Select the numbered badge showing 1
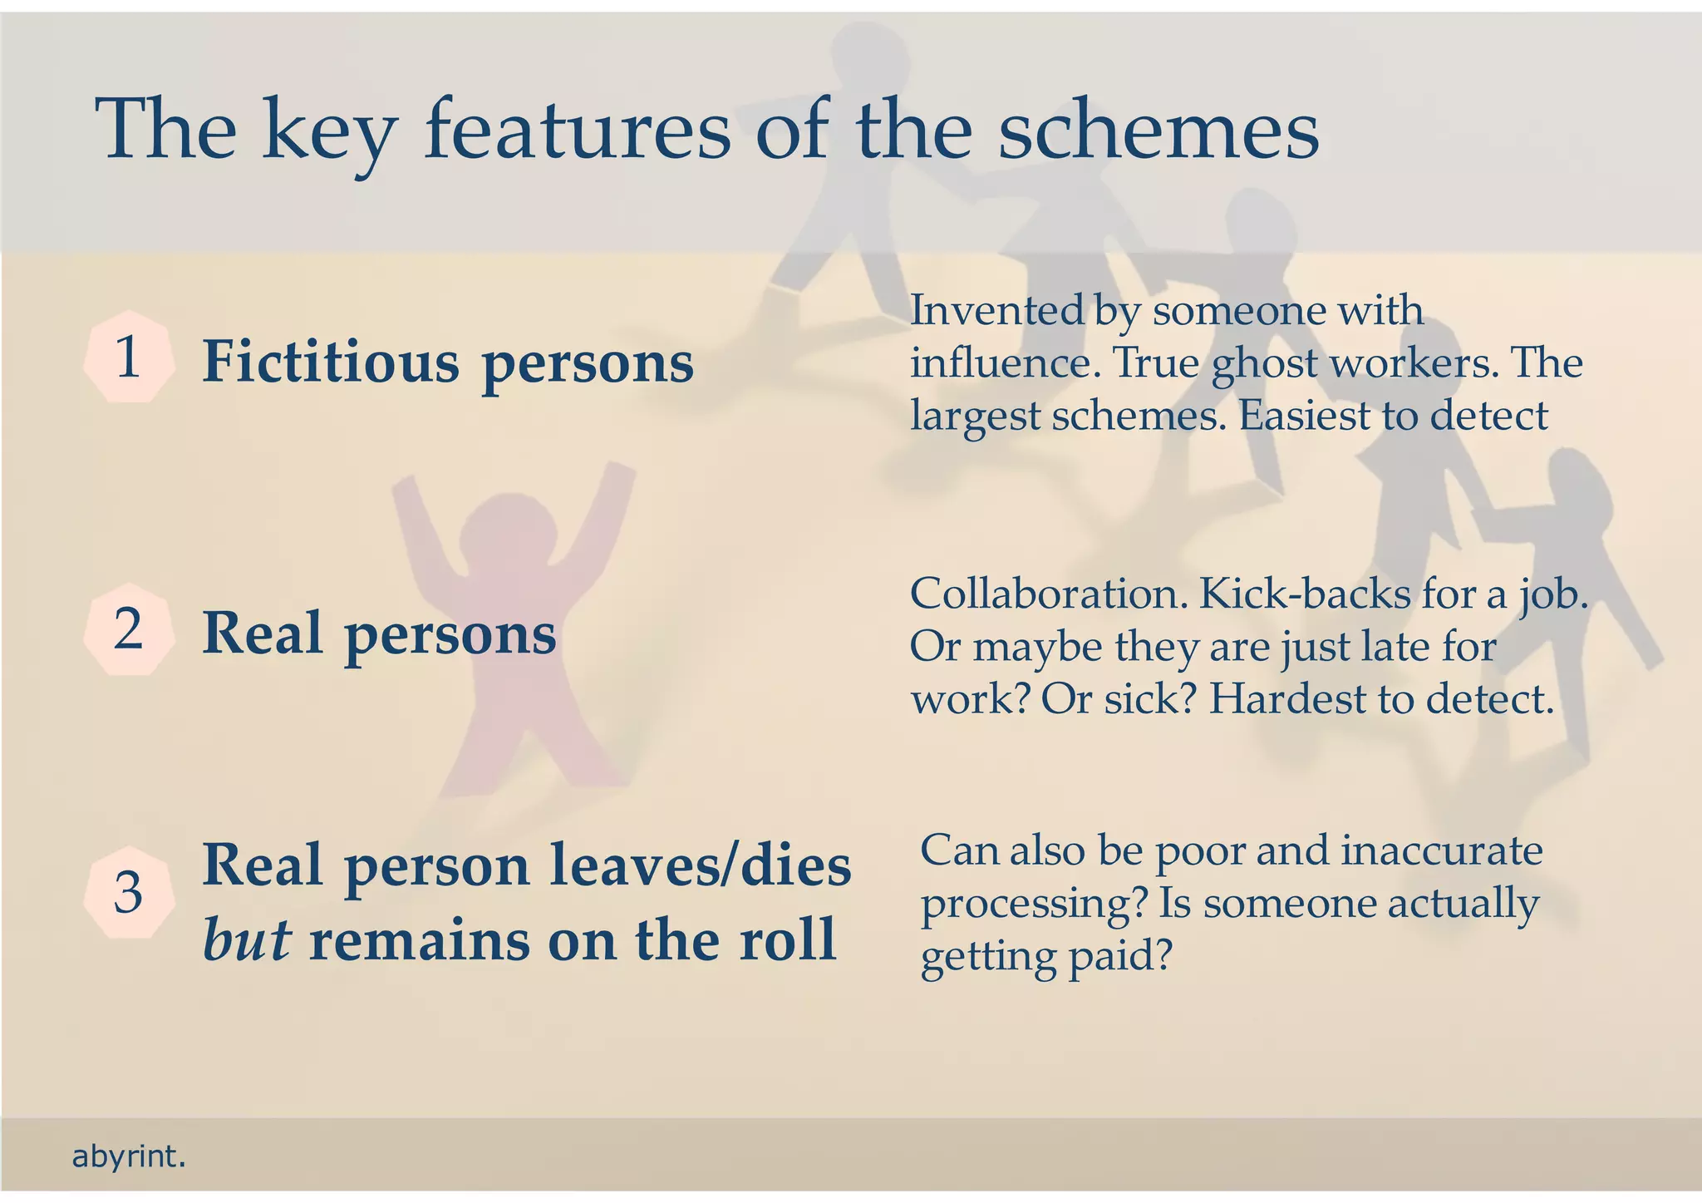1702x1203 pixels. [x=129, y=357]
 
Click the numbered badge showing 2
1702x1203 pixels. [x=129, y=630]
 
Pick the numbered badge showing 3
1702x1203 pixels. [x=129, y=894]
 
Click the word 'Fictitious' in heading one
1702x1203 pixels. [x=331, y=362]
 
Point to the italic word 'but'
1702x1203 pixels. [x=247, y=940]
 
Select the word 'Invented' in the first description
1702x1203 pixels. [x=997, y=311]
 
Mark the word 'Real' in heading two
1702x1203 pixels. [x=262, y=634]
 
